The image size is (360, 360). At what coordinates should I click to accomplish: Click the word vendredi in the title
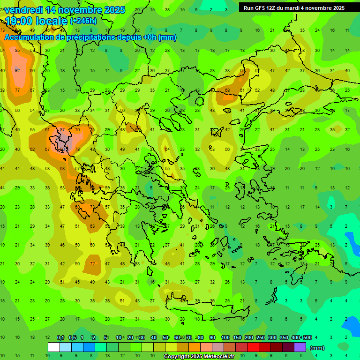(x=26, y=10)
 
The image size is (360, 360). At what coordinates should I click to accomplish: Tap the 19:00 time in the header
(x=20, y=21)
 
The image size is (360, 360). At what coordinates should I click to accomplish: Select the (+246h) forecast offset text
(x=83, y=21)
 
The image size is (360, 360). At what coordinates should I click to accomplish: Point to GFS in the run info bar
(x=260, y=8)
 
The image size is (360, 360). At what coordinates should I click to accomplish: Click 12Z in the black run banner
(x=272, y=8)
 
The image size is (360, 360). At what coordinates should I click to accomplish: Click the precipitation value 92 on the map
(x=17, y=70)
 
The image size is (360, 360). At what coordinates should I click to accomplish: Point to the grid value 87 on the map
(x=62, y=129)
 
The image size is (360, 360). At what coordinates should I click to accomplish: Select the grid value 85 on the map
(x=17, y=50)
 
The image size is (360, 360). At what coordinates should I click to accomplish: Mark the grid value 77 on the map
(x=17, y=90)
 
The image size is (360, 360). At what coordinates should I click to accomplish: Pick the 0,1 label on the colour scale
(x=60, y=338)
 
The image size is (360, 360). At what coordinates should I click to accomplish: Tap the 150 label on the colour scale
(x=237, y=338)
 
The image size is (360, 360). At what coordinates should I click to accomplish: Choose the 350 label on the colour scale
(x=284, y=338)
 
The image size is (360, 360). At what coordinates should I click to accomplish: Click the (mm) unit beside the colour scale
(x=317, y=348)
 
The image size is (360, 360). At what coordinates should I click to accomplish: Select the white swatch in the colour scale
(x=53, y=347)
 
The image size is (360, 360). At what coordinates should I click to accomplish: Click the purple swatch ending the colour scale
(x=300, y=347)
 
